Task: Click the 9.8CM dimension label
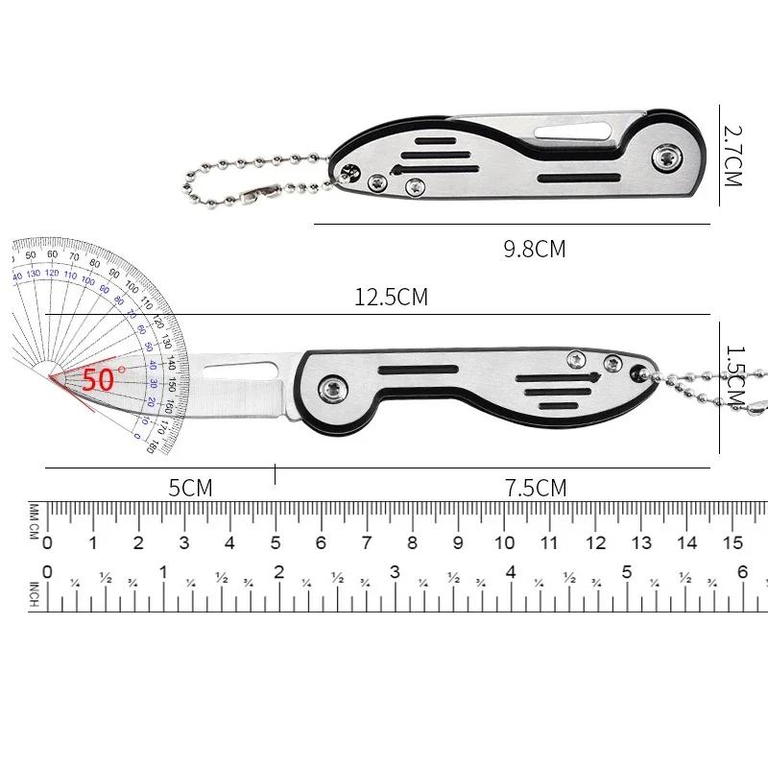535,250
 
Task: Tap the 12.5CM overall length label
391,297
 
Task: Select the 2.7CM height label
734,154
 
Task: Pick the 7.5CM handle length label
536,488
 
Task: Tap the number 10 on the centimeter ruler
503,543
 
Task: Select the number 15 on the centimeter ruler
732,543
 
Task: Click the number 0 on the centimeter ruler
47,543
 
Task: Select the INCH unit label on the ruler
34,594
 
